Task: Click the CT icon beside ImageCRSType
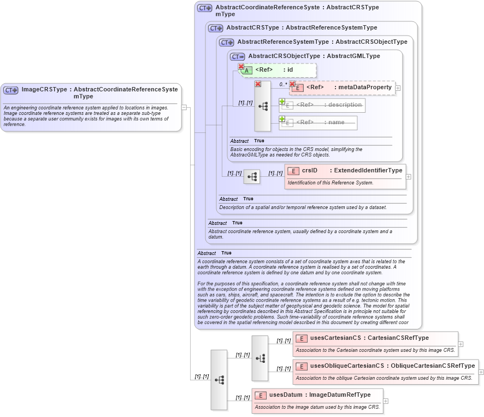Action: click(x=11, y=90)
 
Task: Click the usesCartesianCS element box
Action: click(x=375, y=344)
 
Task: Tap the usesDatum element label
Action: click(x=286, y=395)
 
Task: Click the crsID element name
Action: click(x=310, y=171)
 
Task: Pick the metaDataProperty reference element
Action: click(x=342, y=88)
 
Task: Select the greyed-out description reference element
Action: click(x=322, y=105)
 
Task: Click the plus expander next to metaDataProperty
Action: click(x=398, y=88)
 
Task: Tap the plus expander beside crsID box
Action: click(x=409, y=177)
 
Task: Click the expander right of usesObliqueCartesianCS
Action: click(x=481, y=372)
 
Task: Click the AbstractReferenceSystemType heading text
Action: click(x=283, y=42)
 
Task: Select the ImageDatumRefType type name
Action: click(x=340, y=395)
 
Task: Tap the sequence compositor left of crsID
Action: click(x=252, y=177)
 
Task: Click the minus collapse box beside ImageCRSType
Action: click(x=185, y=107)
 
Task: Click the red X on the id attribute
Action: click(x=241, y=66)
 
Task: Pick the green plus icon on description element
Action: click(x=282, y=101)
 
